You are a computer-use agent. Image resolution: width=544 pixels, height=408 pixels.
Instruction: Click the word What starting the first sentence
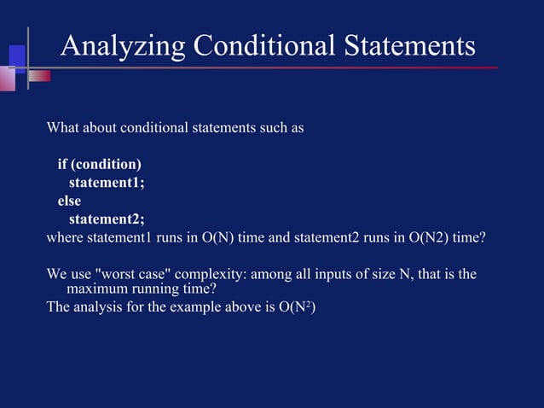(x=63, y=128)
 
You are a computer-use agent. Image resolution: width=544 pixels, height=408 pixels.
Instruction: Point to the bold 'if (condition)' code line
(x=99, y=164)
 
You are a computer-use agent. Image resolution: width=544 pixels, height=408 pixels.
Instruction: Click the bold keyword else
(x=69, y=201)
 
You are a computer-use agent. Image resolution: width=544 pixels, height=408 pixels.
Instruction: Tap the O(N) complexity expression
(x=218, y=236)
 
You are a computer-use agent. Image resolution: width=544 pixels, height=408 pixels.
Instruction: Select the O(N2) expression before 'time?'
(x=421, y=236)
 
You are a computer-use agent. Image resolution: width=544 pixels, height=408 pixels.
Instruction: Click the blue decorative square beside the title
(x=17, y=56)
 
